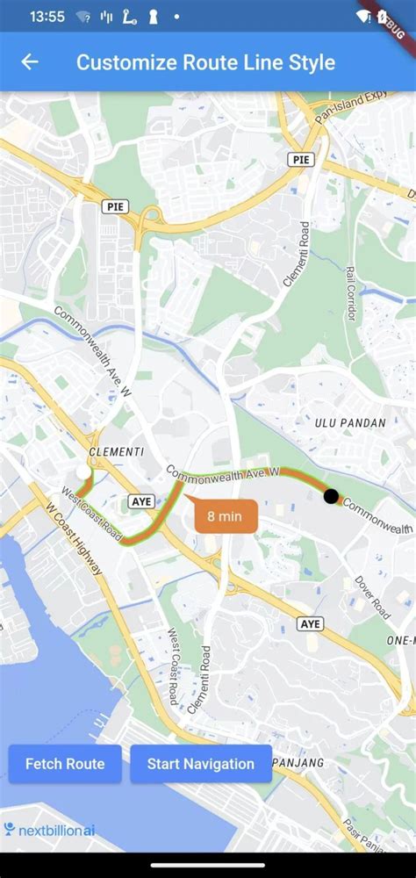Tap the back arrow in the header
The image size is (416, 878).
tap(30, 62)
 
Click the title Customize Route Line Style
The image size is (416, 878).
tap(205, 62)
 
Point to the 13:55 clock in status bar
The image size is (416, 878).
tap(47, 17)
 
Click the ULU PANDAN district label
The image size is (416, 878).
tap(350, 423)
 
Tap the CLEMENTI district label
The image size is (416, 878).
tap(117, 451)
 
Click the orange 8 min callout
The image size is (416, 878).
tap(226, 516)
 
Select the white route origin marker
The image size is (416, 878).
tap(83, 472)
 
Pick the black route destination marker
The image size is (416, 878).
tap(331, 496)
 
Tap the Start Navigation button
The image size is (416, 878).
tap(201, 764)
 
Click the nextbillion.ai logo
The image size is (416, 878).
tap(49, 830)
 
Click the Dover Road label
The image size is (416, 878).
tap(371, 597)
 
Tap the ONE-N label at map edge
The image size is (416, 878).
tap(400, 642)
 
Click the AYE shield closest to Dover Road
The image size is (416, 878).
tap(311, 624)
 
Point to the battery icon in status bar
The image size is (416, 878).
tap(383, 17)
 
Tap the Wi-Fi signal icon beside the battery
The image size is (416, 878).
tap(363, 17)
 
